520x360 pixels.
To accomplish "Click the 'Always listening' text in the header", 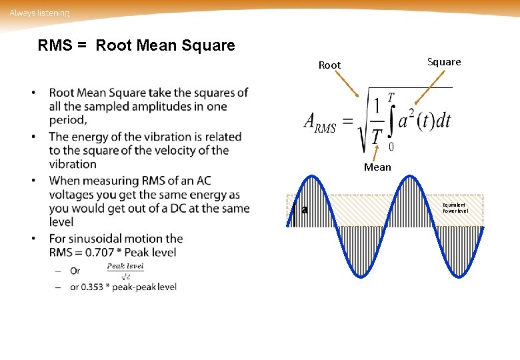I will click(39, 13).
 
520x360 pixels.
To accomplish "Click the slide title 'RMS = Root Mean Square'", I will click(136, 46).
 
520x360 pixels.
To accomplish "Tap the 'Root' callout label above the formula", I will click(329, 65).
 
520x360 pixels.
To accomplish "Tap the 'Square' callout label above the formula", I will click(443, 62).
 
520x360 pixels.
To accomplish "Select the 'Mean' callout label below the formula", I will click(377, 167).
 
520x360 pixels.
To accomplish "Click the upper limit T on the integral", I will click(391, 97).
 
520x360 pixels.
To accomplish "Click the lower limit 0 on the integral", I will click(391, 147).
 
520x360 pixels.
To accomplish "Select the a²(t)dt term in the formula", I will click(425, 121).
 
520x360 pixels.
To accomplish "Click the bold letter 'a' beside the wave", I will click(305, 210).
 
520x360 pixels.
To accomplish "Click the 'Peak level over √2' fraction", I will click(125, 271).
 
